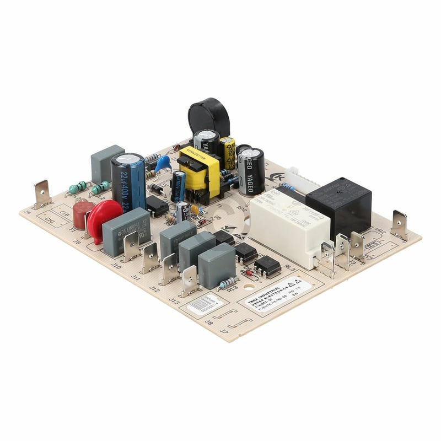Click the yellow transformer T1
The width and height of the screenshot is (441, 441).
[200, 173]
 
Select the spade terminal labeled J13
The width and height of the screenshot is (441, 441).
[189, 281]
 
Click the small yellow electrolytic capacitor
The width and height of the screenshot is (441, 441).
[227, 153]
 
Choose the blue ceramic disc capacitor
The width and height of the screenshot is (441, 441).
[163, 163]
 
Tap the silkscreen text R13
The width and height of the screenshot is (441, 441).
[232, 288]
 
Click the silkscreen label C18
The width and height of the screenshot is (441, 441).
[64, 212]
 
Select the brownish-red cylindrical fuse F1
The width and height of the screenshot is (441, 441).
[83, 214]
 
